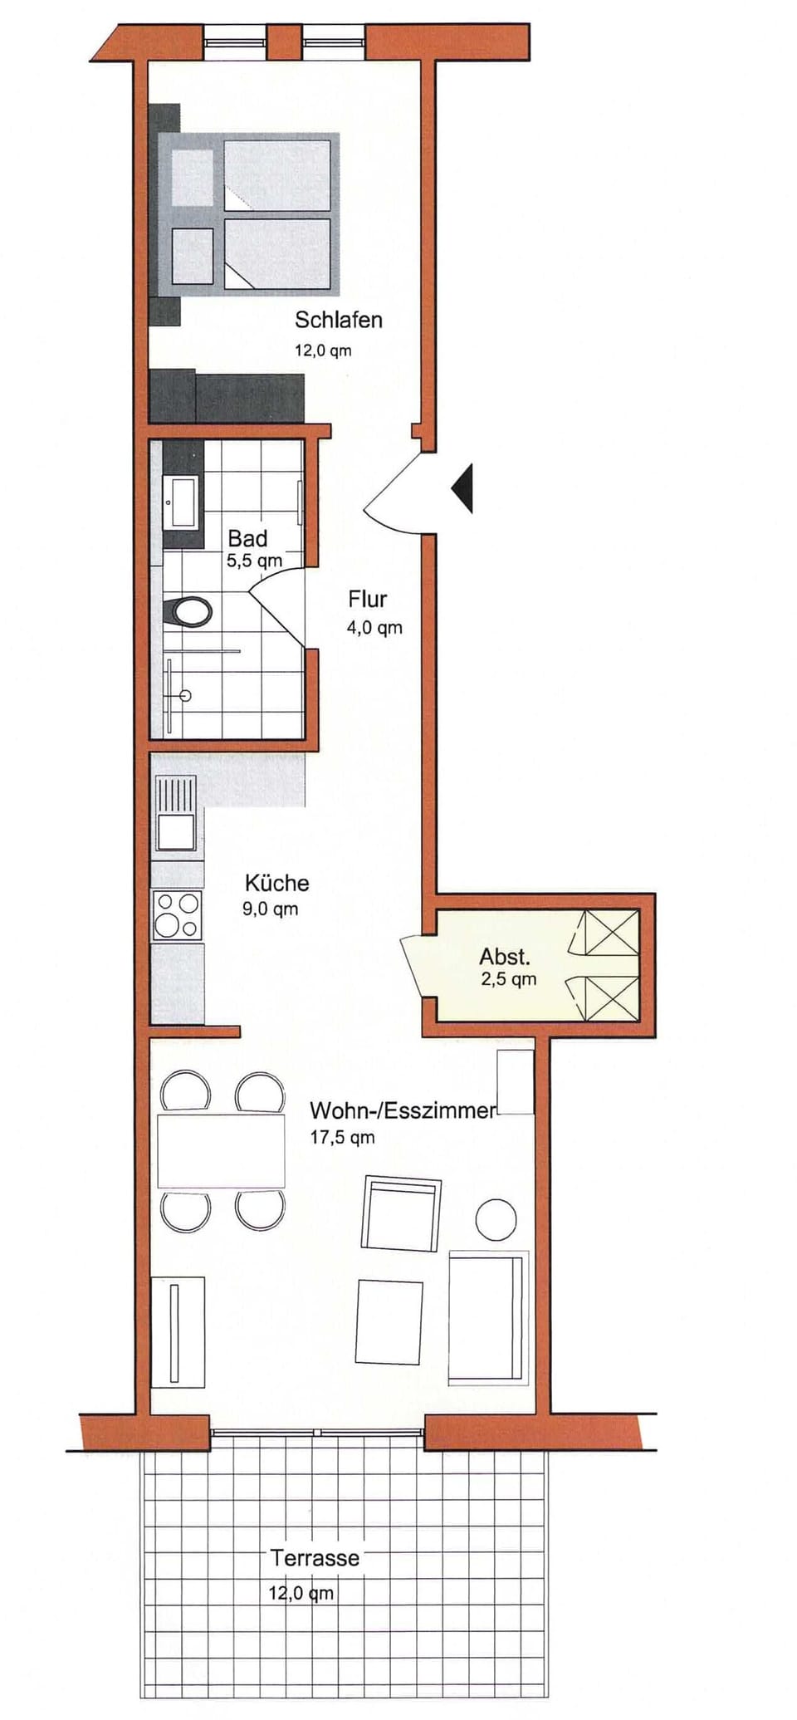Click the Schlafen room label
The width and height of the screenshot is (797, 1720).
tap(338, 320)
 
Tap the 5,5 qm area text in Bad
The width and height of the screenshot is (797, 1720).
tap(254, 561)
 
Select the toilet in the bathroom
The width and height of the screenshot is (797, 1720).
tap(189, 613)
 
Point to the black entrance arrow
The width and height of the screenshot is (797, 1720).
tap(463, 488)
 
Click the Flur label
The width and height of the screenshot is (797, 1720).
tap(367, 599)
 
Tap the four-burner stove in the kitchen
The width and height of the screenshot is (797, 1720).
tap(177, 914)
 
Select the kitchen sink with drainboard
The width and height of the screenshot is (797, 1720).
tap(175, 815)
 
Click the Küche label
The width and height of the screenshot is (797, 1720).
tap(276, 883)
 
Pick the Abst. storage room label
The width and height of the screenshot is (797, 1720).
tap(504, 956)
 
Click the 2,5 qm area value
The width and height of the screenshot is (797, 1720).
tap(508, 979)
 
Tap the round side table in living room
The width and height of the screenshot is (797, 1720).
tap(496, 1219)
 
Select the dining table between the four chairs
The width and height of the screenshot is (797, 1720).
tap(221, 1151)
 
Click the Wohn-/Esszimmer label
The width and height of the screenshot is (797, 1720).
tap(402, 1110)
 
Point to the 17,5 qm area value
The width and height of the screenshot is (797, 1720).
tap(342, 1137)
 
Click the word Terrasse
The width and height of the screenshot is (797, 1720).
tap(315, 1558)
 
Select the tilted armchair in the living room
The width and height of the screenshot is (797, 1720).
tap(400, 1213)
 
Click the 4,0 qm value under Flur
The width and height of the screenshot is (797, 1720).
tap(374, 628)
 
